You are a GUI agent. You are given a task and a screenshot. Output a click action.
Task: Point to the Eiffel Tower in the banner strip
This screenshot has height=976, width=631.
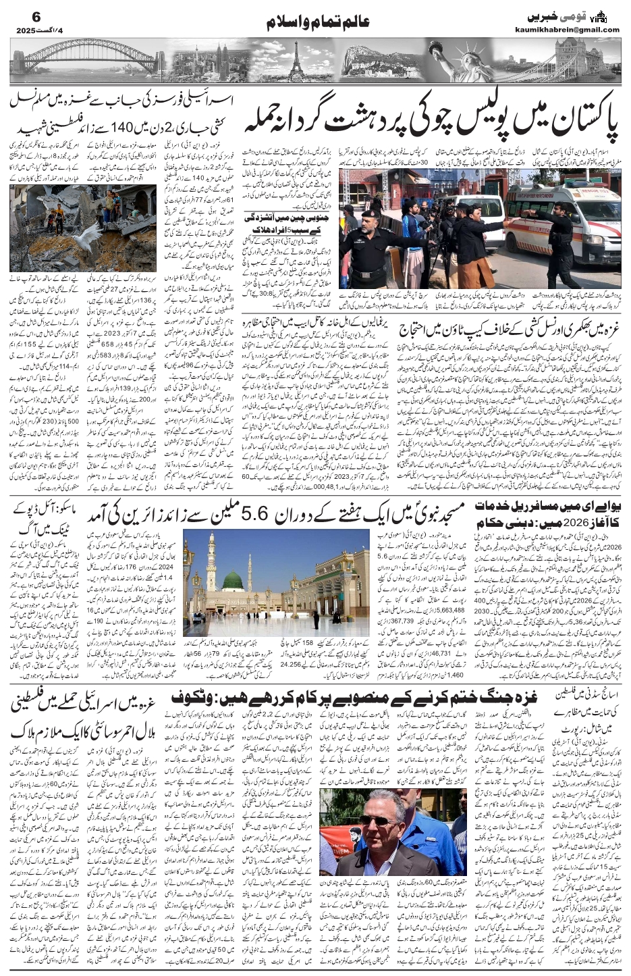coord(294,59)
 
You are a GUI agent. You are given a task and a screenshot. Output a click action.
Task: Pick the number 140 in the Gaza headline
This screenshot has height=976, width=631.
coord(99,130)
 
